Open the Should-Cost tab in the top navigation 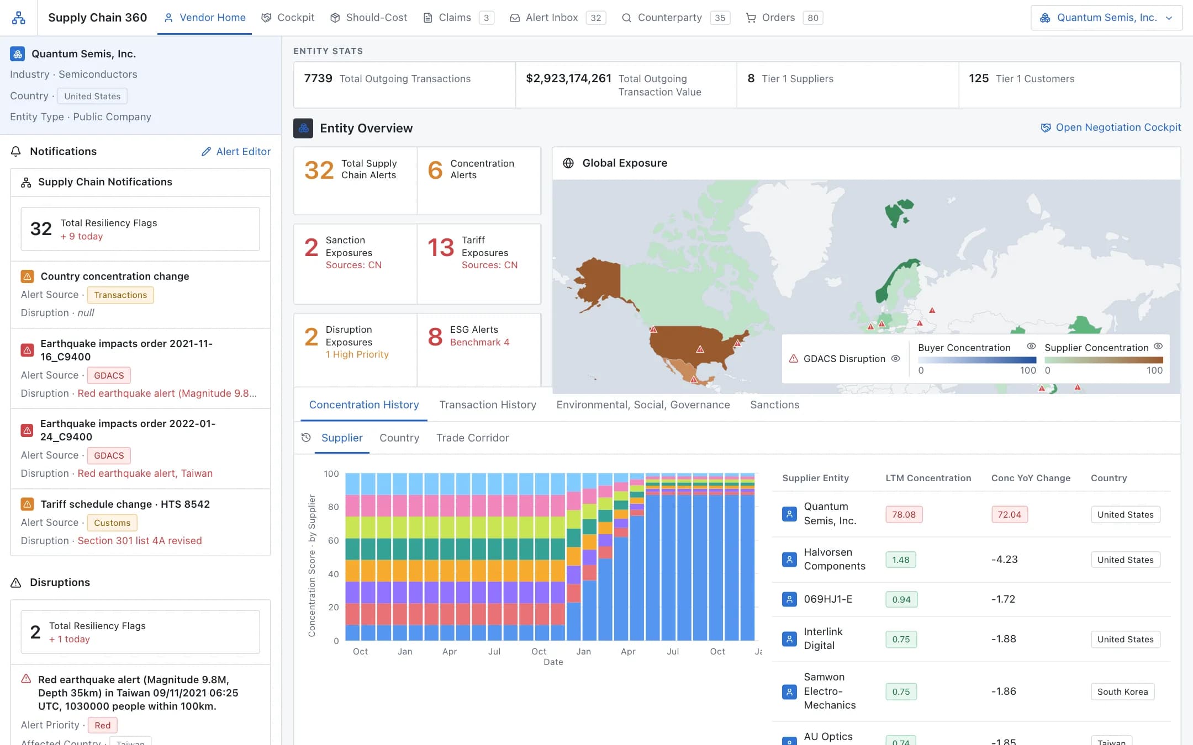(x=368, y=18)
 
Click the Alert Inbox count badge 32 (x=595, y=18)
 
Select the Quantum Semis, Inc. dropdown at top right (x=1106, y=18)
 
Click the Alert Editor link (x=236, y=151)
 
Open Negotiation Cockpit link (x=1111, y=127)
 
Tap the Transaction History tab (x=488, y=405)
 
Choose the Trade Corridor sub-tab (x=472, y=438)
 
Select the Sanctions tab (x=774, y=405)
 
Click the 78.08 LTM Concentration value (x=904, y=514)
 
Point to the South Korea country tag (x=1122, y=691)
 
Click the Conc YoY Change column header (x=1031, y=478)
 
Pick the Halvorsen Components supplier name (x=835, y=559)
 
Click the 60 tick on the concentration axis (x=333, y=540)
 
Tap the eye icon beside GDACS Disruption (x=895, y=359)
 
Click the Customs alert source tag (x=112, y=523)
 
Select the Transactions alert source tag (x=120, y=295)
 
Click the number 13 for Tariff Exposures (x=441, y=247)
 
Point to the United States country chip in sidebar (x=92, y=96)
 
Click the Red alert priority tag (x=102, y=725)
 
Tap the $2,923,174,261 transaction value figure (x=568, y=78)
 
